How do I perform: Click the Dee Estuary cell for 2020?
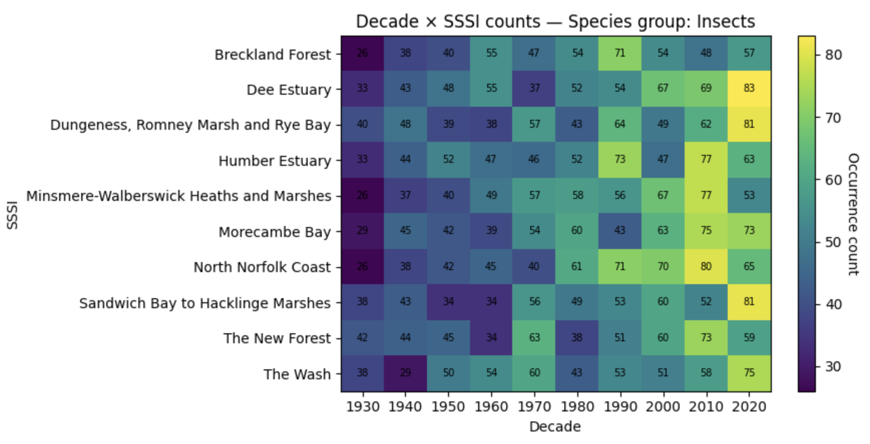pyautogui.click(x=749, y=88)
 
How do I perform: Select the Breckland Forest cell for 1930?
pyautogui.click(x=362, y=53)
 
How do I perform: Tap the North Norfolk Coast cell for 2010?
pyautogui.click(x=706, y=267)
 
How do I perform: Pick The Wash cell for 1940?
pyautogui.click(x=405, y=373)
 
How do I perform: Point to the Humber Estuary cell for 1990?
pyautogui.click(x=620, y=159)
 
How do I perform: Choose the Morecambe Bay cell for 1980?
pyautogui.click(x=577, y=231)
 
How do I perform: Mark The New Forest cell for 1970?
pyautogui.click(x=534, y=338)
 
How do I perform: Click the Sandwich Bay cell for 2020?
pyautogui.click(x=749, y=302)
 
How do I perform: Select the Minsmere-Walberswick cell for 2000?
pyautogui.click(x=663, y=195)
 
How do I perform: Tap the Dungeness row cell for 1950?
pyautogui.click(x=449, y=124)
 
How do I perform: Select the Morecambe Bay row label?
pyautogui.click(x=275, y=232)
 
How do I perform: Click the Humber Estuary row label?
pyautogui.click(x=275, y=161)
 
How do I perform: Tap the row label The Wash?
pyautogui.click(x=297, y=374)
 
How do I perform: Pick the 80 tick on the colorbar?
pyautogui.click(x=833, y=55)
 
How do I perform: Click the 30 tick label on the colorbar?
pyautogui.click(x=833, y=366)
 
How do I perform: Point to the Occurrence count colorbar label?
pyautogui.click(x=852, y=214)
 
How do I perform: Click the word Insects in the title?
pyautogui.click(x=725, y=22)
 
